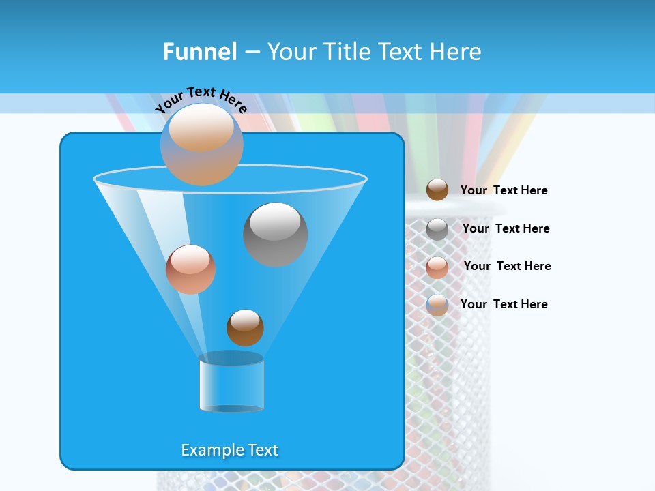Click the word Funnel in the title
click(x=199, y=52)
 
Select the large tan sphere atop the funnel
click(x=201, y=145)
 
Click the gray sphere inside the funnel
click(x=275, y=235)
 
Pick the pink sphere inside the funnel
click(x=190, y=269)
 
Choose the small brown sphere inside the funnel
click(x=245, y=328)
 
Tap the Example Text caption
click(x=229, y=450)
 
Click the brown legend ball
click(x=437, y=190)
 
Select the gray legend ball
click(x=437, y=229)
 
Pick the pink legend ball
click(x=437, y=267)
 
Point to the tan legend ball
click(x=437, y=304)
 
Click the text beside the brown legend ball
click(x=504, y=190)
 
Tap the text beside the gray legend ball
click(x=506, y=228)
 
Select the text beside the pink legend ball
click(x=507, y=266)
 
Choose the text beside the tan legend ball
click(x=504, y=304)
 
